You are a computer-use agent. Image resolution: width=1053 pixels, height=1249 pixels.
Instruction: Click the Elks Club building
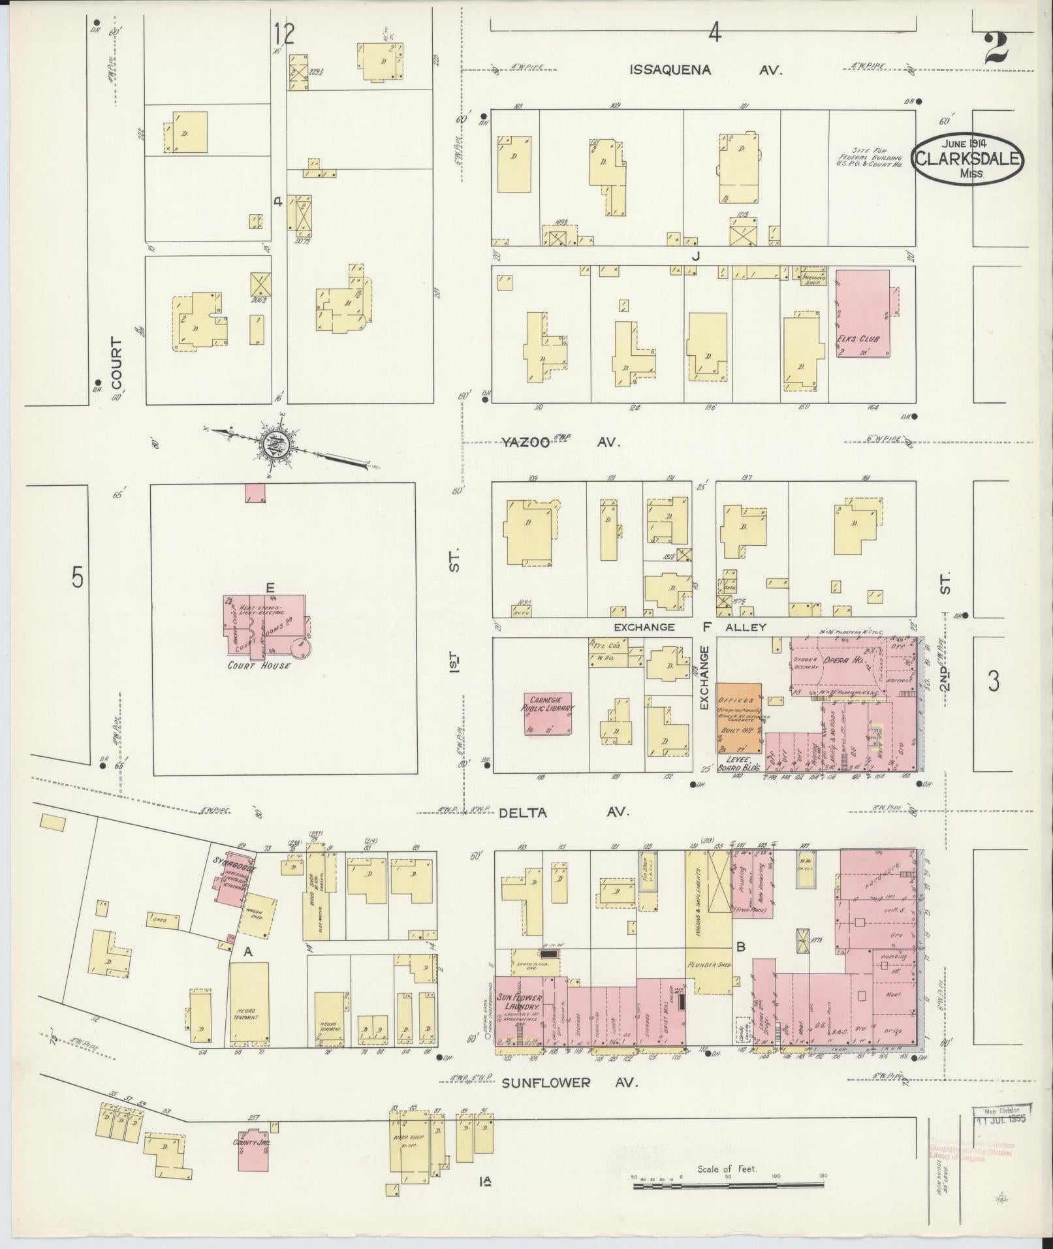(863, 313)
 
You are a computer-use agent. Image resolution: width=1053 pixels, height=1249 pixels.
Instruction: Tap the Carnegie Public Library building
(547, 713)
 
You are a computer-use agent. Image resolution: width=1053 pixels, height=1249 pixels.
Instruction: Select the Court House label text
(259, 665)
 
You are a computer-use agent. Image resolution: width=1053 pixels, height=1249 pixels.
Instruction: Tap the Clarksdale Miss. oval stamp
(968, 159)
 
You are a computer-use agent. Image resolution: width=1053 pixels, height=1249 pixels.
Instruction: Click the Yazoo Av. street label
(559, 442)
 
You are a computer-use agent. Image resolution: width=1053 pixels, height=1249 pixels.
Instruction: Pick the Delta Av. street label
(564, 812)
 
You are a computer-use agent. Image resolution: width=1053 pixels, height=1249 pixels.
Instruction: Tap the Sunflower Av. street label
(569, 1083)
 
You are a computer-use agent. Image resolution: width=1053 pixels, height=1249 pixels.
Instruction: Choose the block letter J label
(696, 257)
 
